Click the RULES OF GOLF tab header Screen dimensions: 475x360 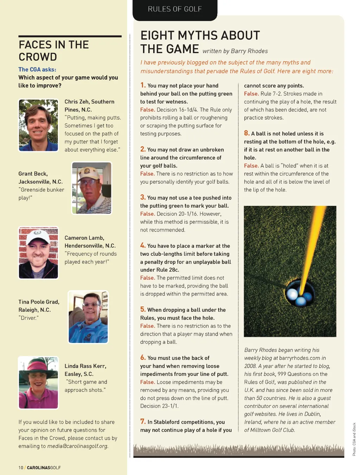pos(175,9)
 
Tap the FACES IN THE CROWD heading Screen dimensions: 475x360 pos(53,51)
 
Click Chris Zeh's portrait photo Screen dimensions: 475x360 pos(38,125)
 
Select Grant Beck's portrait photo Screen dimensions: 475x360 pos(92,188)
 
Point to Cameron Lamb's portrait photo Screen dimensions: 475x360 pos(38,253)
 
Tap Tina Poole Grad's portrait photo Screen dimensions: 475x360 pos(88,317)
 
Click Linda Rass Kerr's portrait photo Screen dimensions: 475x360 pos(38,383)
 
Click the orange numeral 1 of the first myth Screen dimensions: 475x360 pos(143,85)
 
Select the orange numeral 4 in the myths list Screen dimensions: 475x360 pos(143,245)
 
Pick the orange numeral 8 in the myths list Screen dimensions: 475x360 pos(247,133)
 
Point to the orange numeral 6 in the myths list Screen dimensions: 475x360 pos(143,357)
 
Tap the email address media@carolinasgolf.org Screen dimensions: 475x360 pos(77,446)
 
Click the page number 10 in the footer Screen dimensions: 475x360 pos(21,468)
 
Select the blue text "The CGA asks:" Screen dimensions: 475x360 pos(37,70)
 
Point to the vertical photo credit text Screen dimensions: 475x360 pos(354,439)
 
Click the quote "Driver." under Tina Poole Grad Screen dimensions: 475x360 pos(28,318)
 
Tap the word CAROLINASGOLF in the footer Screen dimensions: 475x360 pos(44,468)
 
